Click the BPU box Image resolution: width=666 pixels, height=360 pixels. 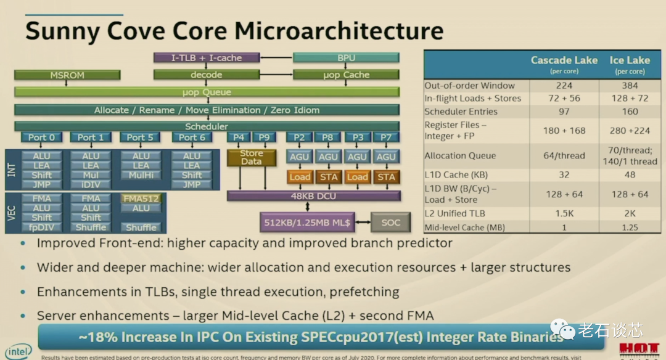346,58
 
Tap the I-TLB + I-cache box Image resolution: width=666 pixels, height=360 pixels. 206,58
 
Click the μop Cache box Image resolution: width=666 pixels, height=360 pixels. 346,75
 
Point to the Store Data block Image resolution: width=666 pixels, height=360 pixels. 252,157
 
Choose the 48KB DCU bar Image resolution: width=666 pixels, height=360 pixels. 313,196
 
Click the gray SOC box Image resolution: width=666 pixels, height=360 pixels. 390,222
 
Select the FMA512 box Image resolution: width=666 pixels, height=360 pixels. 141,199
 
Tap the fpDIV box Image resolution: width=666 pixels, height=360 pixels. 41,227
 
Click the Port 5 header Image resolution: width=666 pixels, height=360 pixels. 141,137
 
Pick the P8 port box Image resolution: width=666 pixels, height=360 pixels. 328,137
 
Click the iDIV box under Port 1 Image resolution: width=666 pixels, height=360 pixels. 91,184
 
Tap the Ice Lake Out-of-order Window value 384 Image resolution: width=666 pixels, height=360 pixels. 630,86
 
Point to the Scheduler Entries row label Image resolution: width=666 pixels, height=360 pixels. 461,112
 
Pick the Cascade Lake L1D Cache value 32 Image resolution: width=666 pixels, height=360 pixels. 564,174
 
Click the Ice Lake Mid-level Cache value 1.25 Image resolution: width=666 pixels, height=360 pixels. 630,227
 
